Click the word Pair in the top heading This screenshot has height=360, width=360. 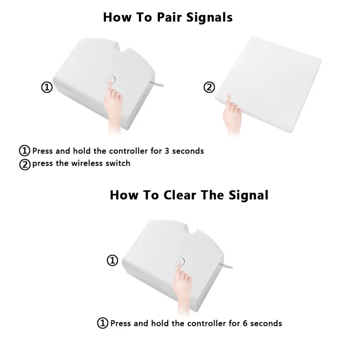tap(169, 17)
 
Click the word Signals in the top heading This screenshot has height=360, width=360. tap(209, 17)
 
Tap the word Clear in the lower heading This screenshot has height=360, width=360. tap(180, 195)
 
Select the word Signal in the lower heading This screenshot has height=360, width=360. tap(249, 195)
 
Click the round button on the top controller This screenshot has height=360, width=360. tap(110, 80)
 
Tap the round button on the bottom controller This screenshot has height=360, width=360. tap(180, 261)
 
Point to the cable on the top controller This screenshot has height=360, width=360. tap(157, 84)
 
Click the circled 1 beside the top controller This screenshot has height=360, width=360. tap(47, 87)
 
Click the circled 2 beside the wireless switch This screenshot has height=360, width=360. tap(209, 87)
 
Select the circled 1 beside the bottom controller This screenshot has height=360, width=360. tap(112, 260)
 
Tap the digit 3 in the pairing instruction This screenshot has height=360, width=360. tap(167, 151)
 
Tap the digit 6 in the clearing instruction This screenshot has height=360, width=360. tap(245, 324)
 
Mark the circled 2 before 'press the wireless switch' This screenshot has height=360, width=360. tap(25, 165)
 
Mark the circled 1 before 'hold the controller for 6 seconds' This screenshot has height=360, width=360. tap(103, 323)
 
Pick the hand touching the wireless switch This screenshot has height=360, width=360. tap(232, 115)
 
